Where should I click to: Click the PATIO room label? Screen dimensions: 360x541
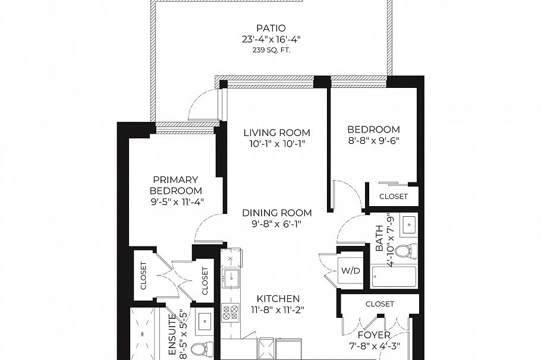pyautogui.click(x=270, y=28)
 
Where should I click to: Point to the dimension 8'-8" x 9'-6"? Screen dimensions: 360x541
pyautogui.click(x=373, y=141)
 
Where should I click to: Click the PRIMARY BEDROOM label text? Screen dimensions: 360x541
pyautogui.click(x=175, y=185)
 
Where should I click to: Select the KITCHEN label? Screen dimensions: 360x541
pyautogui.click(x=278, y=298)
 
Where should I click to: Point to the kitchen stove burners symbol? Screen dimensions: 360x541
pyautogui.click(x=230, y=312)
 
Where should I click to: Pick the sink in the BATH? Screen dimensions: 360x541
pyautogui.click(x=408, y=225)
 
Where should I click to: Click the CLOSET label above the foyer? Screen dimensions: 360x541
pyautogui.click(x=379, y=304)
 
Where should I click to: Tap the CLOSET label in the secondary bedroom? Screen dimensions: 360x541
pyautogui.click(x=394, y=196)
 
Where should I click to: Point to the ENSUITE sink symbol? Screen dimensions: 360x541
pyautogui.click(x=205, y=321)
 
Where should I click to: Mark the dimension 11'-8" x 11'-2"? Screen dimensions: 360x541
pyautogui.click(x=278, y=310)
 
